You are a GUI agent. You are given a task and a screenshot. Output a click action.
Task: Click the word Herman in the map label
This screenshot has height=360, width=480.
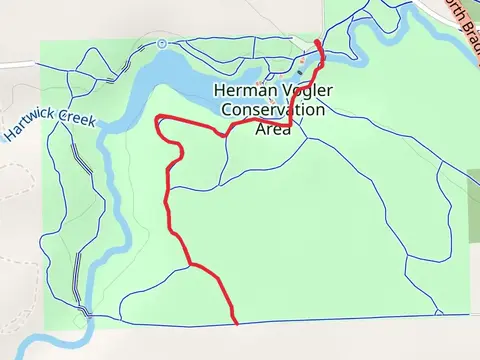pos(243,91)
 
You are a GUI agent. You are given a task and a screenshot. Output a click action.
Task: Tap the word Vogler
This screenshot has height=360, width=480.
pos(300,91)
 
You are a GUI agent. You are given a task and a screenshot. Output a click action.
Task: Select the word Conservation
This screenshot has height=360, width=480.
pos(274,109)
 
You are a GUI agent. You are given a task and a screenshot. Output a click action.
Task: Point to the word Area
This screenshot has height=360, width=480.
pos(274,127)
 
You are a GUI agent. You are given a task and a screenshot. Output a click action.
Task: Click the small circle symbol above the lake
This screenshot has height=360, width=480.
pos(162,43)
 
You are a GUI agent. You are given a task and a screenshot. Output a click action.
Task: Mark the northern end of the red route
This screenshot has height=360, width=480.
pos(317,41)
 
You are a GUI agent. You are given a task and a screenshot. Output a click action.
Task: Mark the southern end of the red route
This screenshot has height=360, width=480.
pos(236,323)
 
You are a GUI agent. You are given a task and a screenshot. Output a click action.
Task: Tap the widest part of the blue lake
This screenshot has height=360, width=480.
pos(180,70)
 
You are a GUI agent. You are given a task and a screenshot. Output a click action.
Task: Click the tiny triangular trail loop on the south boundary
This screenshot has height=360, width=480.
pos(438,312)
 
